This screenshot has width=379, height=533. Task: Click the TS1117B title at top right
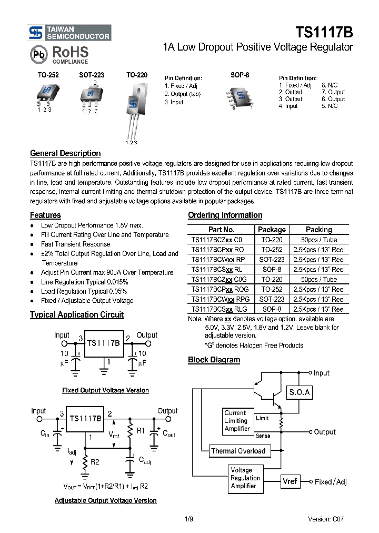click(x=324, y=32)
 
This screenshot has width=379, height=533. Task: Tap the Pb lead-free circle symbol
click(x=38, y=55)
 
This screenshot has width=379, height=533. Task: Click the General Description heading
click(x=65, y=153)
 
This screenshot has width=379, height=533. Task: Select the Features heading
click(x=45, y=215)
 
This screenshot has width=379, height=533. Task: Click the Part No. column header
click(x=221, y=230)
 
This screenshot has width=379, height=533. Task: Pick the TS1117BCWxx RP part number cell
click(x=218, y=260)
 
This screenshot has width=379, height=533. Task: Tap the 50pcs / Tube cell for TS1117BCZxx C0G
click(x=318, y=280)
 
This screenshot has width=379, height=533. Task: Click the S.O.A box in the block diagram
click(x=299, y=392)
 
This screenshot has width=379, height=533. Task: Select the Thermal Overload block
click(x=238, y=451)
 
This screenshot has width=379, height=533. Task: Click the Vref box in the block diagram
click(x=290, y=481)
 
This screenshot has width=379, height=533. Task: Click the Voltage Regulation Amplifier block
click(x=245, y=478)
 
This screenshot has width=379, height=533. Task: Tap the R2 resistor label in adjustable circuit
click(x=95, y=462)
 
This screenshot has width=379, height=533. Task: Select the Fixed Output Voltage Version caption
click(x=105, y=390)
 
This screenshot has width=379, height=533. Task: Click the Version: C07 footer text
click(x=326, y=519)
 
